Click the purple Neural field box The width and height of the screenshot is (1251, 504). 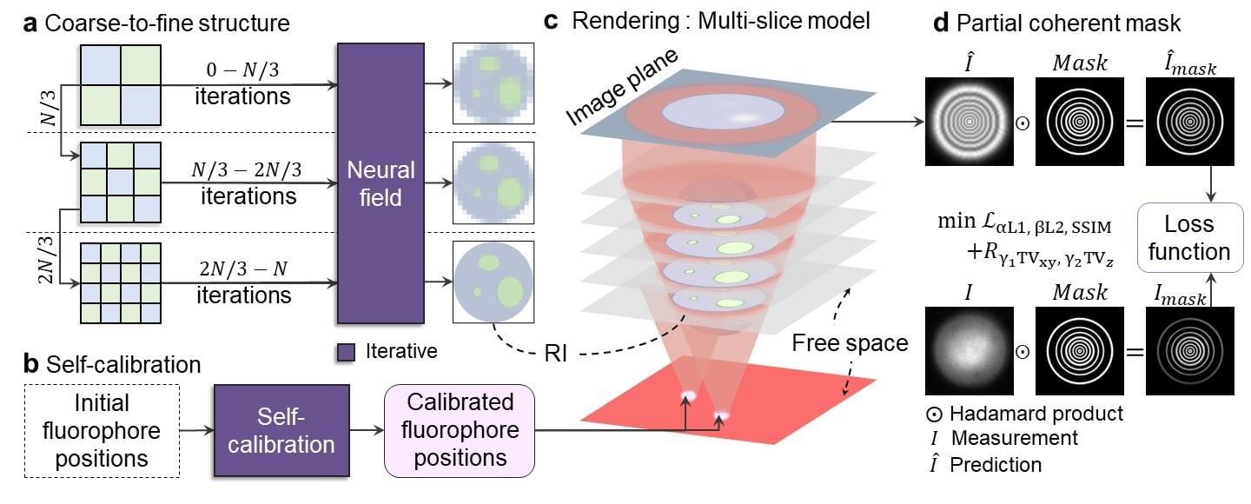(x=381, y=183)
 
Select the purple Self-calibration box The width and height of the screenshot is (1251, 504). (x=281, y=430)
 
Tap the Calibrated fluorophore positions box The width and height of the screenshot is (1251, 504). (x=460, y=430)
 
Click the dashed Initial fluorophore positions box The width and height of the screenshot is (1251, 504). (x=102, y=430)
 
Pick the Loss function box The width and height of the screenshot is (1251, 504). (x=1189, y=237)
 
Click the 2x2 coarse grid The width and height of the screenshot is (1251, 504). (x=121, y=85)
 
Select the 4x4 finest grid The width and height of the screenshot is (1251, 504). (x=121, y=282)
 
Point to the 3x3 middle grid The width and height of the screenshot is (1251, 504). (x=121, y=182)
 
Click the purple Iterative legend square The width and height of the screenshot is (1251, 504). (x=347, y=352)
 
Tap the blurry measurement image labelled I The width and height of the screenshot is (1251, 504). (x=969, y=351)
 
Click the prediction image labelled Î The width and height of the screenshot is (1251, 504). (x=969, y=122)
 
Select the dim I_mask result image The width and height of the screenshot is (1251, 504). (x=1189, y=351)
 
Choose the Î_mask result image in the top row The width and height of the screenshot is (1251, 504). (x=1189, y=122)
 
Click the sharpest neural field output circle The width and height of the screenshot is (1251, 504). (x=493, y=282)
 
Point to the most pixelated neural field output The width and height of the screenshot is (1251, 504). (x=493, y=83)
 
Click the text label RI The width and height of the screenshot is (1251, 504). (x=556, y=353)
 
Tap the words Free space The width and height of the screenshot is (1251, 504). (x=850, y=342)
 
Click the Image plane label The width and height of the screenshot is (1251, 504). (x=622, y=87)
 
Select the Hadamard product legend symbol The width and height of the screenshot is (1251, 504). (x=934, y=414)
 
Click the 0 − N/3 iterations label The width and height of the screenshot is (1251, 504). (x=242, y=83)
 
